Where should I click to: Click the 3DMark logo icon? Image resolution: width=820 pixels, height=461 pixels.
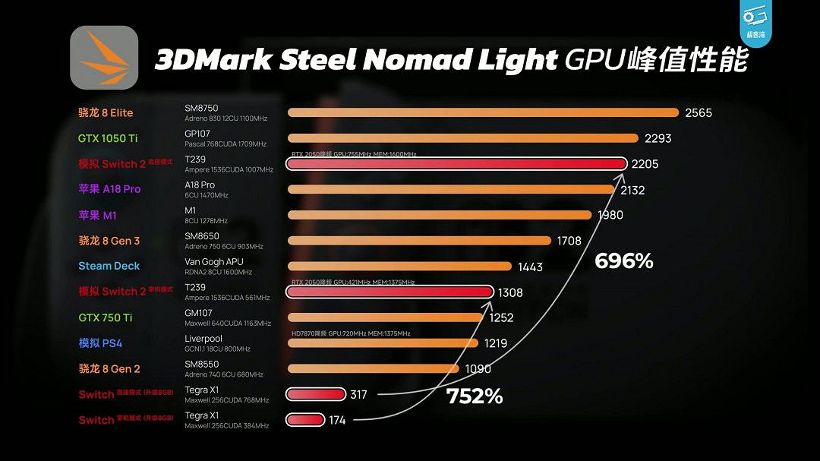coord(104,58)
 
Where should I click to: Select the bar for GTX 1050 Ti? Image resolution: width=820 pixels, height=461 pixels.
coord(463,138)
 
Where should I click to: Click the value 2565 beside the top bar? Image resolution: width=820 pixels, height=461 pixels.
coord(698,112)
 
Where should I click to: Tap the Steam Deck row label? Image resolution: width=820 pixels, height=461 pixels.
coord(109,266)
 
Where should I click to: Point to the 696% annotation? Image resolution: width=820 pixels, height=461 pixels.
coord(623,261)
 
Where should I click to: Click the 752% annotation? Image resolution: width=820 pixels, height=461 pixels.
coord(475,396)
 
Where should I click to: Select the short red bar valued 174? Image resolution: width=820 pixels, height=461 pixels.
coord(305,419)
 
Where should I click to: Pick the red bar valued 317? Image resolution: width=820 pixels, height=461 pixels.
coord(316,393)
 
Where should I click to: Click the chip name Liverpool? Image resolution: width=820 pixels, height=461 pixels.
coord(203,339)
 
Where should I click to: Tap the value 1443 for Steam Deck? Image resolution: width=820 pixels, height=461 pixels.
coord(530,267)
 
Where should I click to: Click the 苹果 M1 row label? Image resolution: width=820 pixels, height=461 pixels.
coord(97,215)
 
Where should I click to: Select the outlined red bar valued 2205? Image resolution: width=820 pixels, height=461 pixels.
coord(456,164)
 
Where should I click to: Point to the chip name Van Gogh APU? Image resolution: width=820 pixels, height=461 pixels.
coord(213,262)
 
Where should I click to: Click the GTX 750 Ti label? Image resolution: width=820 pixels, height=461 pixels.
coord(106,317)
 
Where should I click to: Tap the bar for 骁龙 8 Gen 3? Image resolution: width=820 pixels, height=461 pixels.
coord(419,241)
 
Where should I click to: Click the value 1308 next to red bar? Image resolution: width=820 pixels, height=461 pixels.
coord(509,292)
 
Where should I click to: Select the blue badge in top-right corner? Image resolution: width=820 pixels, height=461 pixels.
coord(755,24)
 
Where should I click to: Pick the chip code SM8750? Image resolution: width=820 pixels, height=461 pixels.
coord(201,109)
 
